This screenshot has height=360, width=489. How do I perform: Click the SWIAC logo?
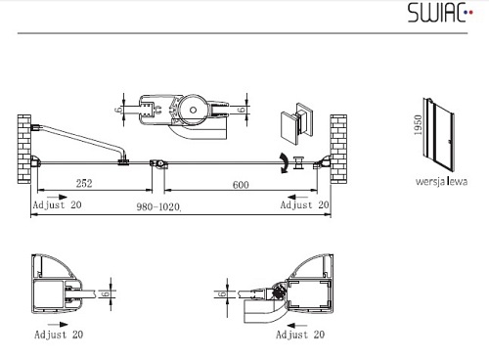pos(440,13)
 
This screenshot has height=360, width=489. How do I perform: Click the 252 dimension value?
pos(84,183)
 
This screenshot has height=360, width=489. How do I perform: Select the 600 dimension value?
pos(241,185)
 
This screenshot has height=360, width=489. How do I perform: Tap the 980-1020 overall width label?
pos(158,206)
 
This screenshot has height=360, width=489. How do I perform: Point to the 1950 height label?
pos(418,125)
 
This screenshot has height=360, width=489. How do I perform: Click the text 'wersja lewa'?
pos(441,181)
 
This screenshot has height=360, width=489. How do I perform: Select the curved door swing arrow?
pos(284,163)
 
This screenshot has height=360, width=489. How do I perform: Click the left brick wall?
pos(24,149)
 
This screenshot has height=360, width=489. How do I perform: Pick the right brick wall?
pos(338,149)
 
